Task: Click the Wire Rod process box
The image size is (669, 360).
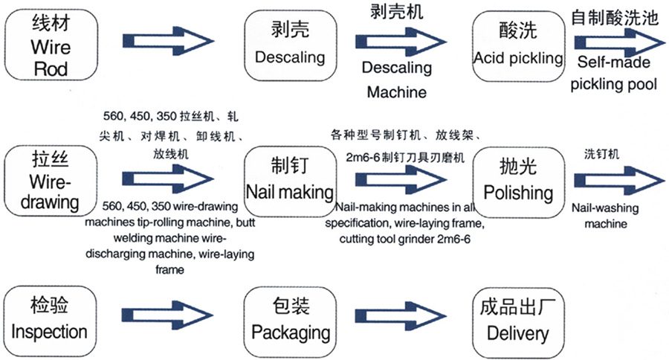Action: click(x=51, y=45)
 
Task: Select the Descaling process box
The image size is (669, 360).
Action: click(x=289, y=45)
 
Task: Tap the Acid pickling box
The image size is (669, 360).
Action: click(x=518, y=45)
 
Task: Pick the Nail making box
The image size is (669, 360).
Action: click(x=289, y=179)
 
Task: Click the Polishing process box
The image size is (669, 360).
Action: click(x=518, y=179)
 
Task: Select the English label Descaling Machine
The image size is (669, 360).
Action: click(x=396, y=80)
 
